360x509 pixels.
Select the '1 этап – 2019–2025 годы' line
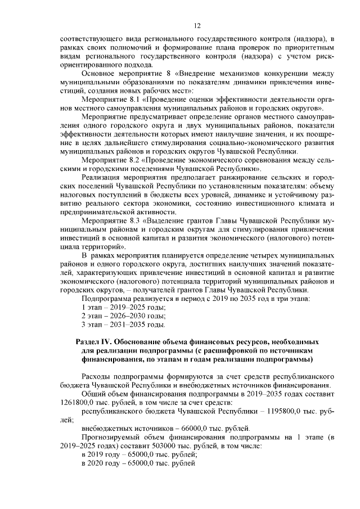123,307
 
